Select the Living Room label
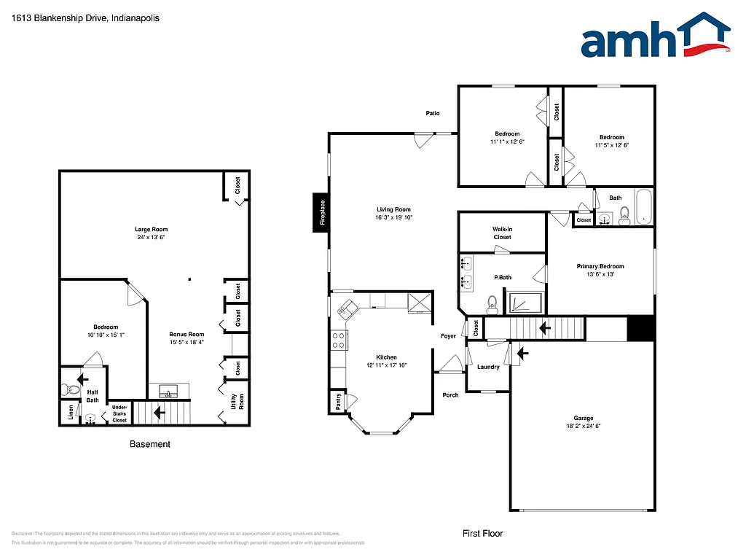click(393, 210)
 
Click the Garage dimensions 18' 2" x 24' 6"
click(583, 426)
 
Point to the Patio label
click(433, 113)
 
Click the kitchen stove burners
click(339, 339)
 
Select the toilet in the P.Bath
click(492, 303)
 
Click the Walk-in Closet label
click(502, 233)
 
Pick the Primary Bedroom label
click(600, 266)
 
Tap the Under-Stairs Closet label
click(119, 414)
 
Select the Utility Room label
click(237, 401)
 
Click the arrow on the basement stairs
click(158, 413)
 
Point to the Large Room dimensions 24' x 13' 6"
click(152, 238)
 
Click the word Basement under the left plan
click(150, 444)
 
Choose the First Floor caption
click(482, 534)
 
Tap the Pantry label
click(337, 400)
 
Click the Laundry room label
click(488, 367)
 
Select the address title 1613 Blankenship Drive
click(86, 18)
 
